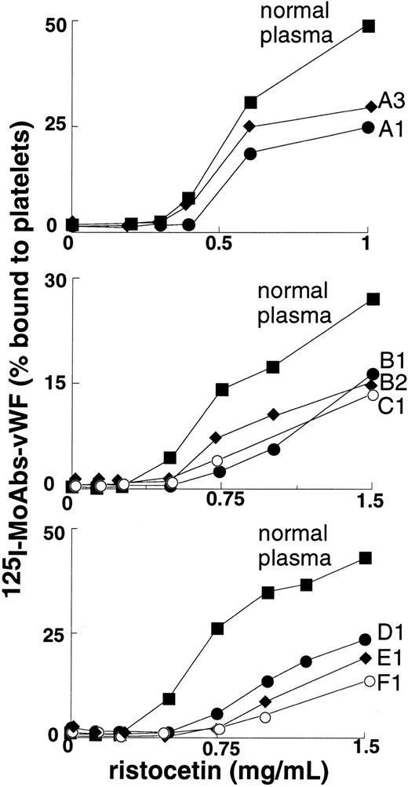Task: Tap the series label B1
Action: [389, 362]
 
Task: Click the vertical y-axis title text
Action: [18, 392]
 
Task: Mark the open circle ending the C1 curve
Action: [373, 395]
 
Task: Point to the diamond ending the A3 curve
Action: [370, 107]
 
